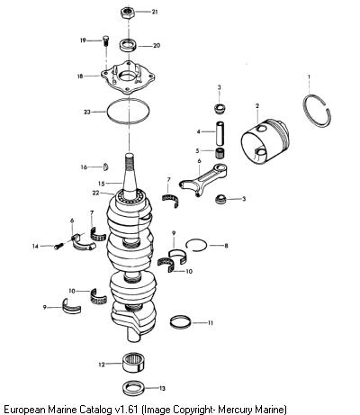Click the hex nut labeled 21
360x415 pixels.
[x=128, y=13]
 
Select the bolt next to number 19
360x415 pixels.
[x=105, y=41]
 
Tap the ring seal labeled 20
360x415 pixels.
[x=128, y=45]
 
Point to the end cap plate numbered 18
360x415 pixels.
[x=128, y=77]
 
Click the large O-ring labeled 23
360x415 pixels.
[x=107, y=112]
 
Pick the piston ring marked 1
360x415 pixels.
[x=306, y=117]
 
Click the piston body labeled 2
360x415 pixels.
[x=265, y=141]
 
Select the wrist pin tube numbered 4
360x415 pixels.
[x=220, y=132]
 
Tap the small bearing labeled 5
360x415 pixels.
[x=220, y=153]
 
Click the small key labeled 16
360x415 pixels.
[x=105, y=167]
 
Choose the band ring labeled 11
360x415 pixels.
[x=180, y=322]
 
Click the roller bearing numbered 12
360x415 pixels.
[x=134, y=363]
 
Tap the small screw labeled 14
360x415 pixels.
[x=58, y=246]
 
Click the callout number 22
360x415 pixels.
[x=95, y=193]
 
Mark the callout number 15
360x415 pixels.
[x=102, y=184]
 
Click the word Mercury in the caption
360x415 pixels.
[x=236, y=410]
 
